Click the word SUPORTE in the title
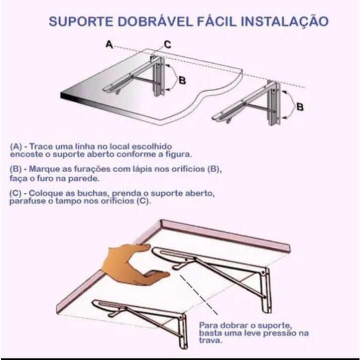click(x=81, y=21)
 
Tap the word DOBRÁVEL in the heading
click(x=155, y=21)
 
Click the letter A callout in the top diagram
click(x=110, y=44)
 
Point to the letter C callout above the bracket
click(x=168, y=44)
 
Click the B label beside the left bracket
click(x=182, y=80)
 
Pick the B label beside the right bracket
click(x=300, y=107)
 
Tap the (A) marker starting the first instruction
click(x=16, y=146)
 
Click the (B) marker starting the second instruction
click(x=15, y=169)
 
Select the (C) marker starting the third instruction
click(x=15, y=193)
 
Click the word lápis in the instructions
click(x=142, y=169)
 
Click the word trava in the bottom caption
click(x=211, y=341)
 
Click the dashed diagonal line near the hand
click(x=199, y=295)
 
